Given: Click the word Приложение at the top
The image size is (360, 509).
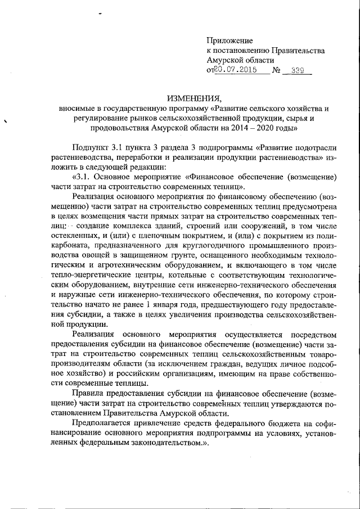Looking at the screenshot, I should click(230, 40).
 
